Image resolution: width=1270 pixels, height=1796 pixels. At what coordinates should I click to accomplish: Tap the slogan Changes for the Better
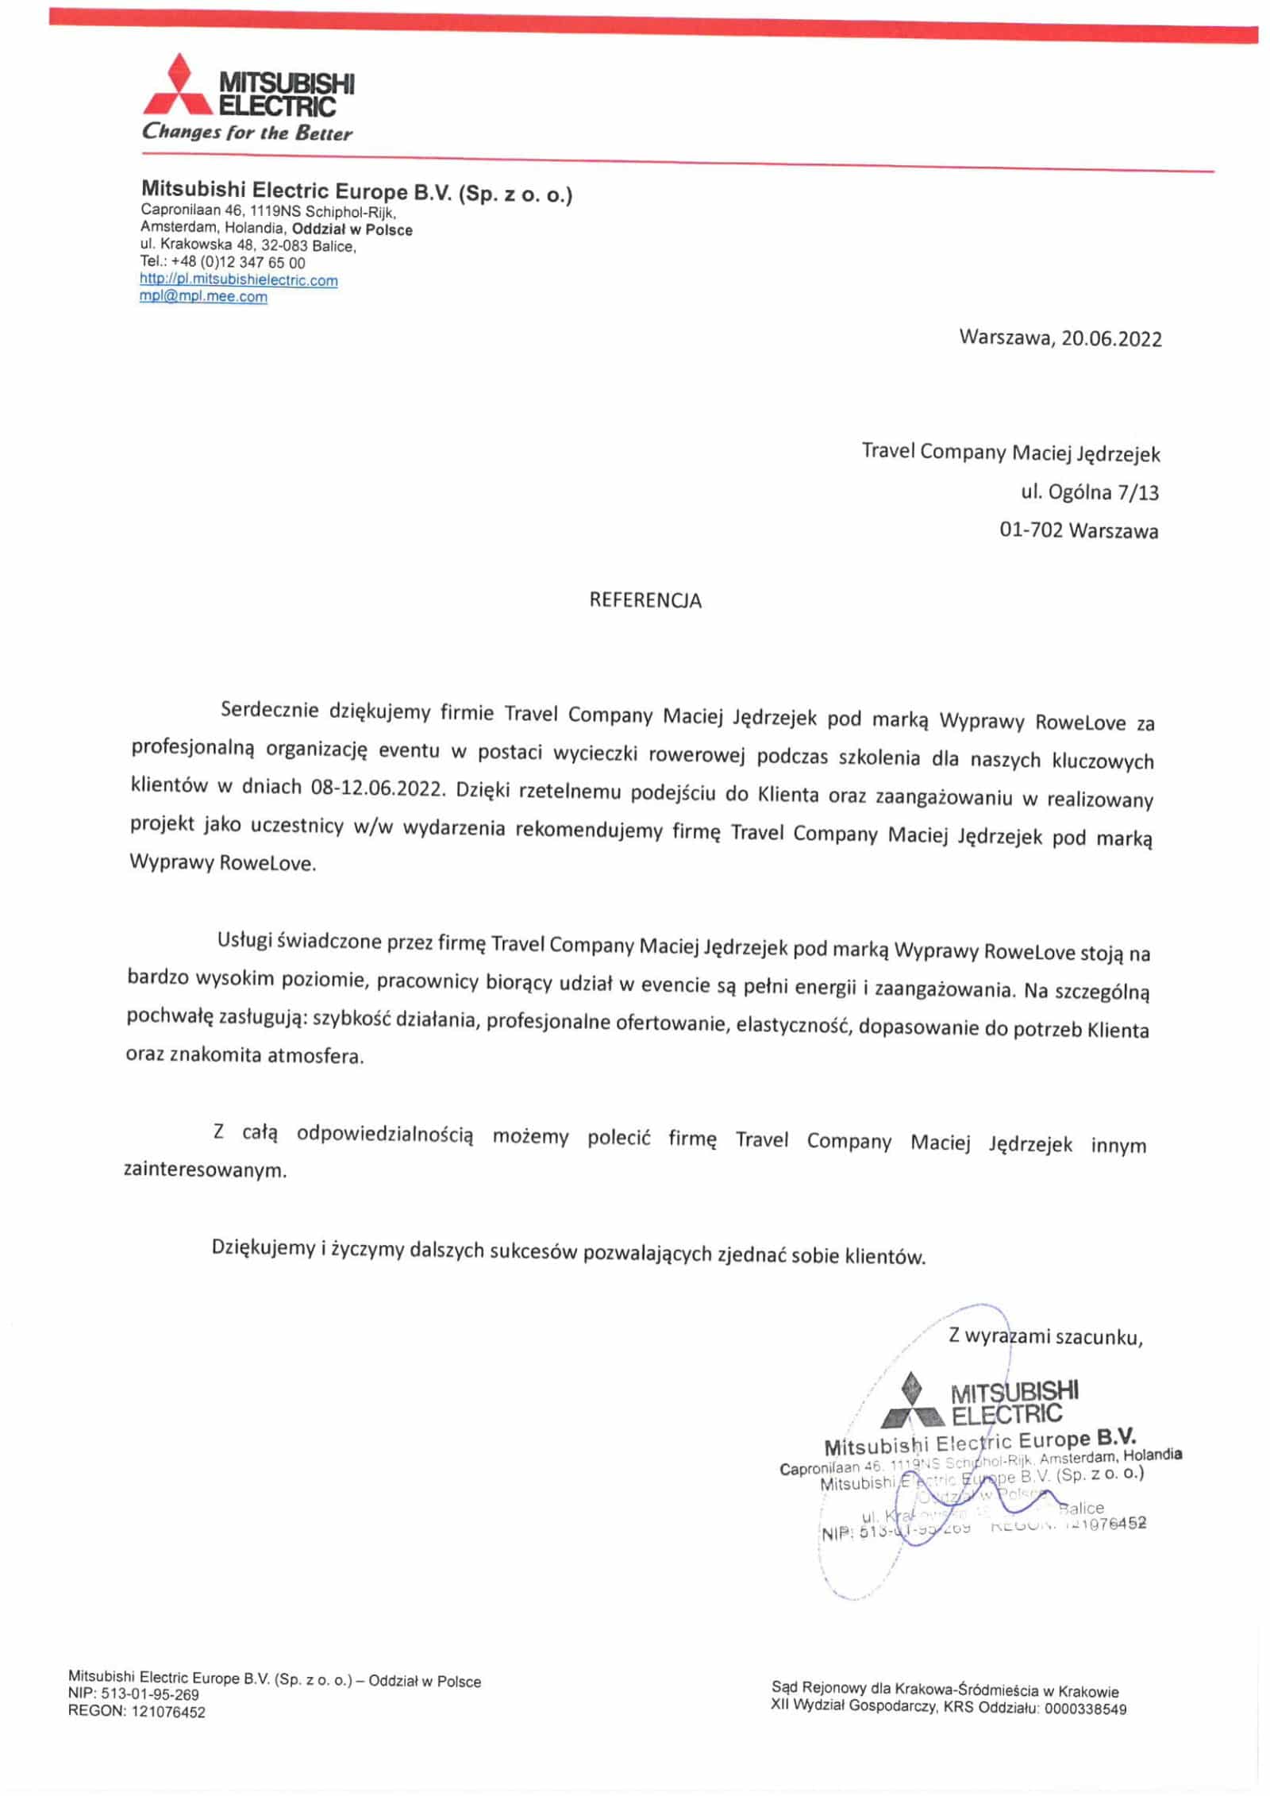tap(247, 133)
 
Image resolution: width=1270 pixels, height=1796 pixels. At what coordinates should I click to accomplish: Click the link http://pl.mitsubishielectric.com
tap(239, 280)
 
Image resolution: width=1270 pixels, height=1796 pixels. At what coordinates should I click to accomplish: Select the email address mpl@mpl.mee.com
tap(203, 297)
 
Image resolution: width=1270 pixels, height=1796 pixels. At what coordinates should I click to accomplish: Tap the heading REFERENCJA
tap(645, 600)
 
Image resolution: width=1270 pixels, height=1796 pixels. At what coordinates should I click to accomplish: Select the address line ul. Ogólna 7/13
tap(1089, 493)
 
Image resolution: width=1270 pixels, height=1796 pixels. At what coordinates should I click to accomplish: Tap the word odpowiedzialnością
tap(385, 1135)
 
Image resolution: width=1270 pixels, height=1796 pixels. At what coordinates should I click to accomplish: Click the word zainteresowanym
tap(205, 1170)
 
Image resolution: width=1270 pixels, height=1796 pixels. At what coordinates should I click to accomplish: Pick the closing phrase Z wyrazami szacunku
tap(1045, 1336)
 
